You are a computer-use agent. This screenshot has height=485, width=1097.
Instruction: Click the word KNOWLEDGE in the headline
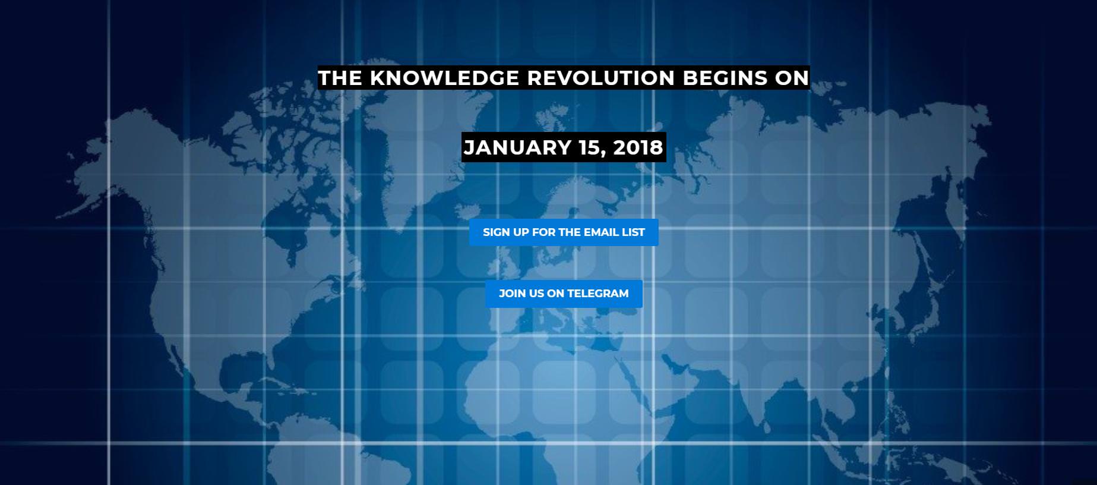(x=444, y=78)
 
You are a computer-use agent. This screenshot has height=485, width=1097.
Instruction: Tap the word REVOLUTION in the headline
(x=601, y=78)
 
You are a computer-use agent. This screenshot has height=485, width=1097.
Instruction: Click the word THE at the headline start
(x=340, y=78)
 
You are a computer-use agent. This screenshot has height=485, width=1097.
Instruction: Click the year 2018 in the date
(x=638, y=147)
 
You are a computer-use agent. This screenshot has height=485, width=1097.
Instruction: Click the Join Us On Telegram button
(x=564, y=294)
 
